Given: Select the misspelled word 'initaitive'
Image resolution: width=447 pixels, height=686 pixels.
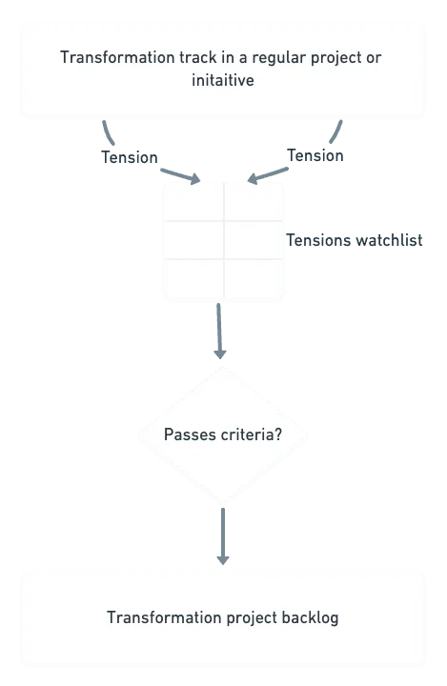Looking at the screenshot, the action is click(x=223, y=80).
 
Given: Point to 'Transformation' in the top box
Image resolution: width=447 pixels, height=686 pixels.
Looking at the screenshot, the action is click(x=117, y=57).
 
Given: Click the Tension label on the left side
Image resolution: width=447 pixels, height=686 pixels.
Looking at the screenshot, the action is click(x=130, y=157).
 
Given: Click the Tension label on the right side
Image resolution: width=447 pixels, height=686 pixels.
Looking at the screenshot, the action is click(x=315, y=155).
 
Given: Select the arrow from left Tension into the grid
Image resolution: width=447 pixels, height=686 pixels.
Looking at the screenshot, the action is click(x=180, y=176).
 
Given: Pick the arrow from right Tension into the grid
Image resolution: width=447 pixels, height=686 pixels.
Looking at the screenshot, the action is click(x=268, y=175).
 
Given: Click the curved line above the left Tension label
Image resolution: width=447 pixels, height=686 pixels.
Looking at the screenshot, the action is click(x=108, y=133).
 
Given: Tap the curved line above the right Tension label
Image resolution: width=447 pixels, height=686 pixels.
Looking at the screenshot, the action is click(x=336, y=132).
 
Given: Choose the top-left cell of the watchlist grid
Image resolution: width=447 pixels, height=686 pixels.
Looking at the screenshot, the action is click(x=193, y=202).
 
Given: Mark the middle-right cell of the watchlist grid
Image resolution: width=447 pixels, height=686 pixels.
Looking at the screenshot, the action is click(x=254, y=240).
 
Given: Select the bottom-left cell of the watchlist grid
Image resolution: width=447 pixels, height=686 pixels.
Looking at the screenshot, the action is click(x=193, y=278).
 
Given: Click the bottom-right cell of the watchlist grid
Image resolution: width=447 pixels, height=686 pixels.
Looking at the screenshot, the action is click(x=254, y=278).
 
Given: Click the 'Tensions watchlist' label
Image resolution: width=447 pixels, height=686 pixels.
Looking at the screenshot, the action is click(x=355, y=240).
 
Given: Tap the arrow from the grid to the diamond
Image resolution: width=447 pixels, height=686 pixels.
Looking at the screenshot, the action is click(x=219, y=332).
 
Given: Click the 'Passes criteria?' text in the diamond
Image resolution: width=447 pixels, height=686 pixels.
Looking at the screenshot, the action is click(x=223, y=434).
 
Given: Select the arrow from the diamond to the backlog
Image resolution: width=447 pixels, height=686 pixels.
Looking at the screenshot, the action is click(x=223, y=536).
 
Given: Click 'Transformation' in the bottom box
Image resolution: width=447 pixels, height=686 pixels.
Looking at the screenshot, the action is click(x=164, y=617).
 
